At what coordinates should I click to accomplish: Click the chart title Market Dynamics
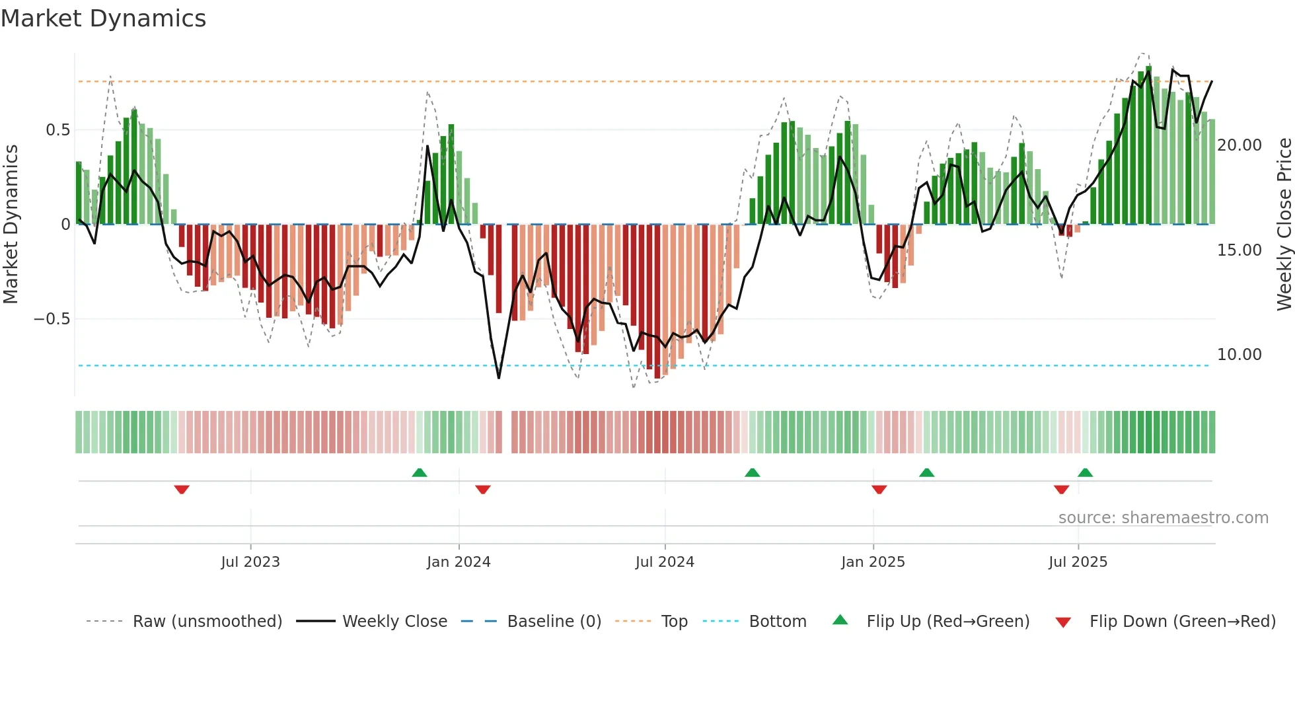tap(103, 18)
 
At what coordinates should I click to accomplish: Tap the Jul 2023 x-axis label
tap(250, 562)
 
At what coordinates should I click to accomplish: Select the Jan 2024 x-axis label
tap(459, 562)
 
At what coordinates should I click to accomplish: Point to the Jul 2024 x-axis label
tap(665, 562)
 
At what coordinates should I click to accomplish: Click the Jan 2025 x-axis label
tap(873, 562)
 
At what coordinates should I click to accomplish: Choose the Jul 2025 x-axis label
tap(1078, 562)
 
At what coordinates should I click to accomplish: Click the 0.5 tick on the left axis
tap(57, 130)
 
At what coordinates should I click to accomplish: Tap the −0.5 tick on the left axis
tap(52, 319)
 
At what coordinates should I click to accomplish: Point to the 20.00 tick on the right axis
tap(1239, 145)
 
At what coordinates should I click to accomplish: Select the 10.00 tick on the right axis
tap(1239, 355)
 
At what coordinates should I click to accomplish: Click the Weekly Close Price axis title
tap(1284, 224)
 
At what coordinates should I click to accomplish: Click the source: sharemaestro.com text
tap(1163, 518)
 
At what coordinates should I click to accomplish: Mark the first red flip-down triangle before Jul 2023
tap(182, 490)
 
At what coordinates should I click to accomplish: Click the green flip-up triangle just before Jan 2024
tap(420, 472)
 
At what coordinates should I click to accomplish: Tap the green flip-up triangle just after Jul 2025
tap(1085, 472)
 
